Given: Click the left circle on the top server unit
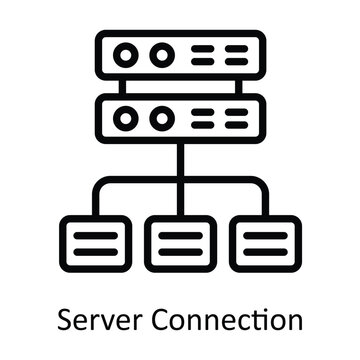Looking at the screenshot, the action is pyautogui.click(x=128, y=54).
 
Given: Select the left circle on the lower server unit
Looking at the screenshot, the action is pyautogui.click(x=128, y=117).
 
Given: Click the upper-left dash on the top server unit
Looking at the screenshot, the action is pyautogui.click(x=202, y=48).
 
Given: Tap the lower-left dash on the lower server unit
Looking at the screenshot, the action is pyautogui.click(x=202, y=124).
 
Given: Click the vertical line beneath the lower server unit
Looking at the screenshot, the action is pyautogui.click(x=180, y=160).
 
